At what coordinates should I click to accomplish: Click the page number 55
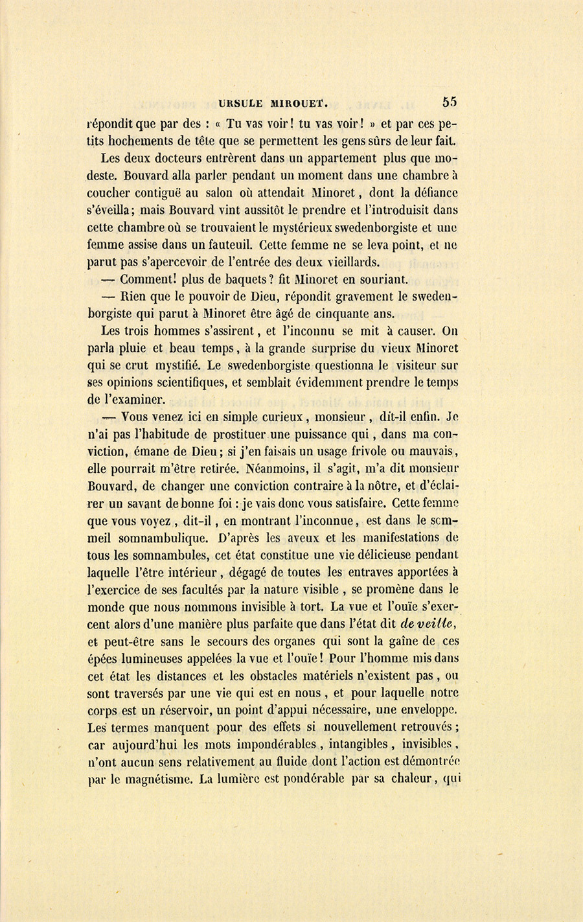pos(450,102)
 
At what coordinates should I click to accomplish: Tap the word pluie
pos(137,349)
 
